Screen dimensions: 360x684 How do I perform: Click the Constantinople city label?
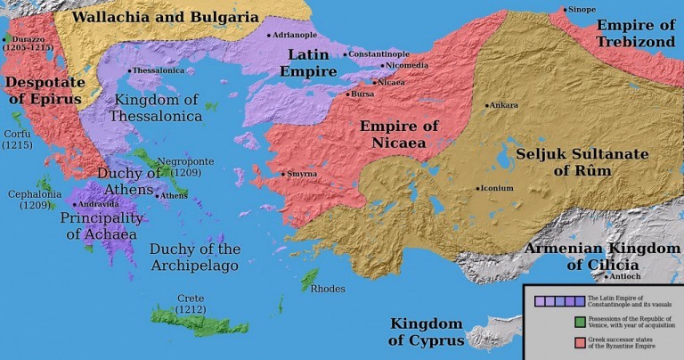point(381,54)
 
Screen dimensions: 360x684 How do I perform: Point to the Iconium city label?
point(496,188)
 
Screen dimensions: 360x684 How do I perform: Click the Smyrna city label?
point(301,174)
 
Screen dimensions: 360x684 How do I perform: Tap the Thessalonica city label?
point(159,70)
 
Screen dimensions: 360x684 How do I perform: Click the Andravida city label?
point(101,203)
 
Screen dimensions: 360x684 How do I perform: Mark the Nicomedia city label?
point(409,66)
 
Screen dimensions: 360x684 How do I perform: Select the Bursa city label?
point(362,93)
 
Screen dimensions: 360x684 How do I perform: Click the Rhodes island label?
point(327,288)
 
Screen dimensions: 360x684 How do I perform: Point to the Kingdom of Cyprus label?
point(427,331)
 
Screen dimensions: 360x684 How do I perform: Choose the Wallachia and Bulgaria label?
point(165,17)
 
